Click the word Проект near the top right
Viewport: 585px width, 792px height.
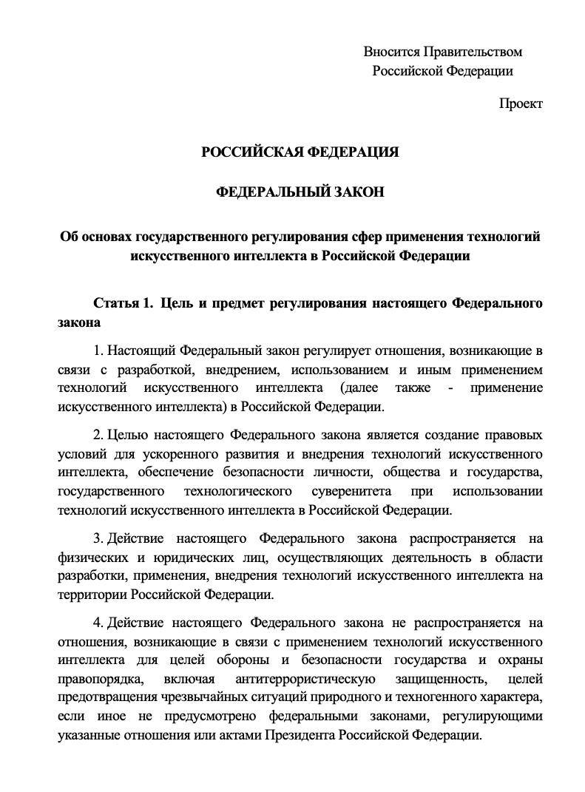(x=521, y=104)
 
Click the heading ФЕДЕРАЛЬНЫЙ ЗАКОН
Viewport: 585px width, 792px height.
(x=300, y=192)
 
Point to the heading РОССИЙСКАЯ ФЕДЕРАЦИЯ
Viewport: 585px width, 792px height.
(x=300, y=152)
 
